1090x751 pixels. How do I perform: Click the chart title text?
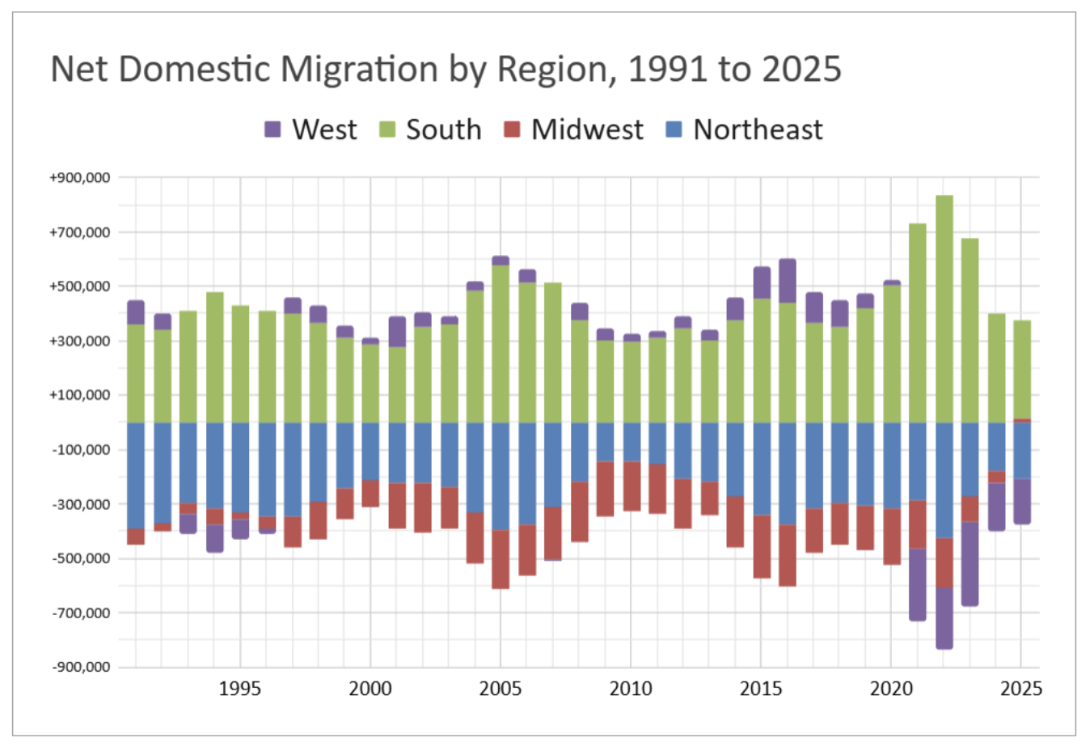pyautogui.click(x=446, y=70)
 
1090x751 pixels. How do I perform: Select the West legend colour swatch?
pyautogui.click(x=273, y=129)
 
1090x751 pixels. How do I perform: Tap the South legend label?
pyautogui.click(x=443, y=129)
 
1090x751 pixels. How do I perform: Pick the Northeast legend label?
pyautogui.click(x=758, y=129)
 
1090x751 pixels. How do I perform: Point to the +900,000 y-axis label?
pyautogui.click(x=80, y=177)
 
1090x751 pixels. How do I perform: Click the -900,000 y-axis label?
pyautogui.click(x=81, y=667)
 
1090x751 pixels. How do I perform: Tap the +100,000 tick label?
pyautogui.click(x=80, y=395)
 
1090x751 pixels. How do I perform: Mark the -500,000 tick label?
pyautogui.click(x=81, y=558)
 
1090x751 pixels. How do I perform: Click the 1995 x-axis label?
pyautogui.click(x=240, y=689)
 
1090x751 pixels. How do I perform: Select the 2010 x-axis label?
pyautogui.click(x=631, y=689)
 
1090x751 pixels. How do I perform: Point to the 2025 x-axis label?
pyautogui.click(x=1021, y=689)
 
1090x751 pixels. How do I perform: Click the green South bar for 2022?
pyautogui.click(x=944, y=308)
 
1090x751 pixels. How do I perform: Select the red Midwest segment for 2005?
pyautogui.click(x=501, y=559)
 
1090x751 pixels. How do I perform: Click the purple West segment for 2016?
pyautogui.click(x=788, y=281)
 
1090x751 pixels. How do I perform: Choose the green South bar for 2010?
pyautogui.click(x=631, y=381)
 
